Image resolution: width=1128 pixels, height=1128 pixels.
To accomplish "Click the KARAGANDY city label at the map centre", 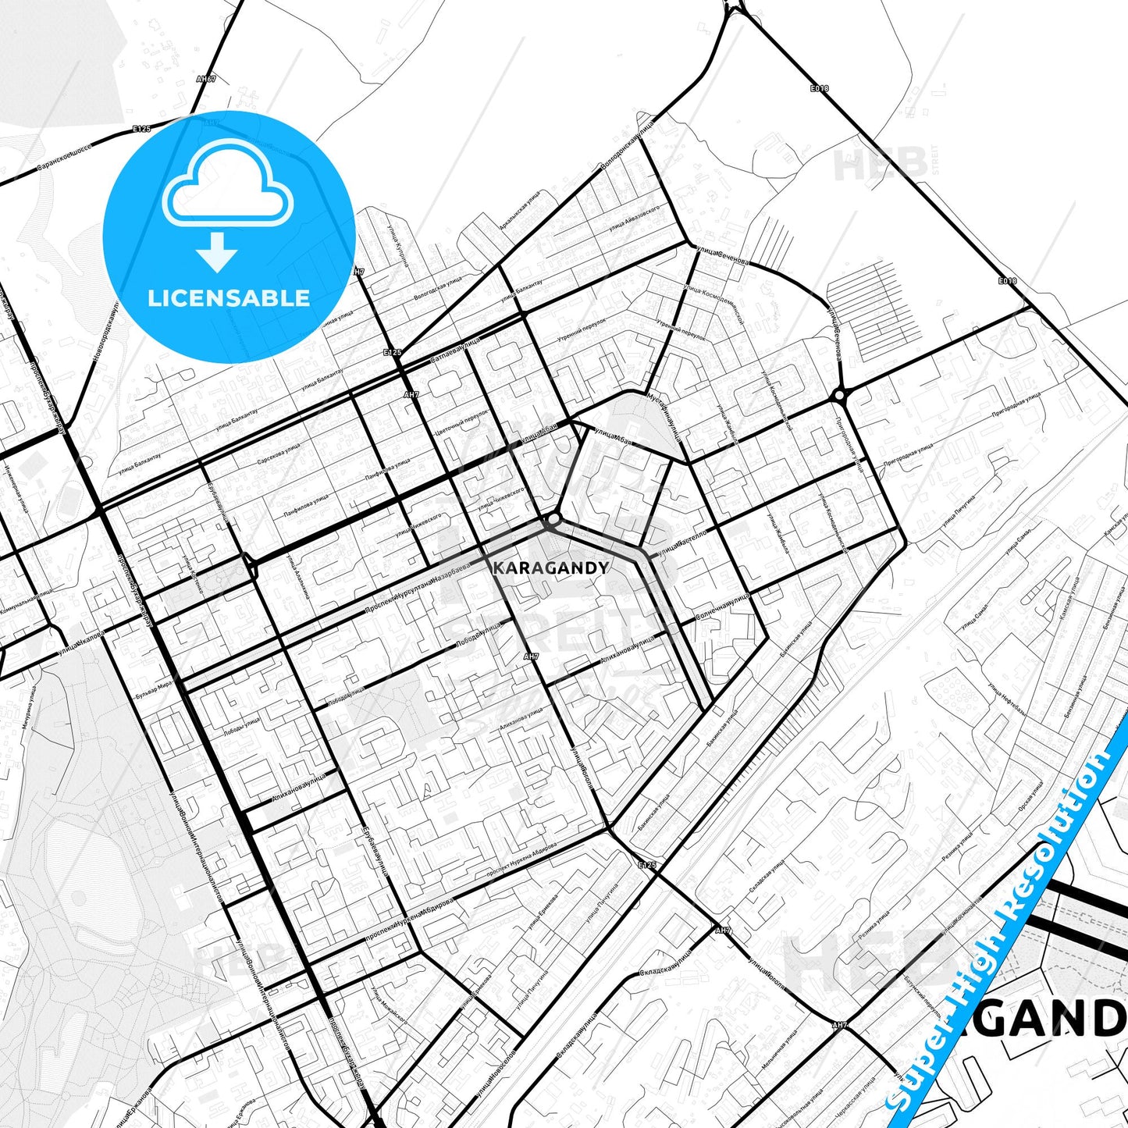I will (550, 568).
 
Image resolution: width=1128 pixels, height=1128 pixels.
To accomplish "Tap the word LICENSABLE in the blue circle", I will (229, 298).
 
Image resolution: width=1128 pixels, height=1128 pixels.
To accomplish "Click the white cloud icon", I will (227, 184).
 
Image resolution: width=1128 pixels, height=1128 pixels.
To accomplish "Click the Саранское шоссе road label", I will (64, 158).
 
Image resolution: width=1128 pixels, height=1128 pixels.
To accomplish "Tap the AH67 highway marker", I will (206, 79).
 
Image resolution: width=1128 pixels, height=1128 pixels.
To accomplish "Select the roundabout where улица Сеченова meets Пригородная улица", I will (840, 396).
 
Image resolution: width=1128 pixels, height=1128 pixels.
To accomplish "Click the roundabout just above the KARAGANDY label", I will (553, 519).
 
